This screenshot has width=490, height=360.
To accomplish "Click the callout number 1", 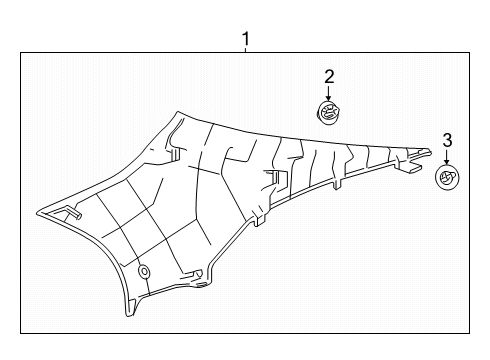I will pyautogui.click(x=246, y=40).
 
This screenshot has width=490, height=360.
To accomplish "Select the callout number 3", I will pyautogui.click(x=447, y=139).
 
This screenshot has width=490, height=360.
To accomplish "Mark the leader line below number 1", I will pyautogui.click(x=246, y=52).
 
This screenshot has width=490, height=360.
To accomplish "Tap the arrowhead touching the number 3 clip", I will pyautogui.click(x=447, y=164).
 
